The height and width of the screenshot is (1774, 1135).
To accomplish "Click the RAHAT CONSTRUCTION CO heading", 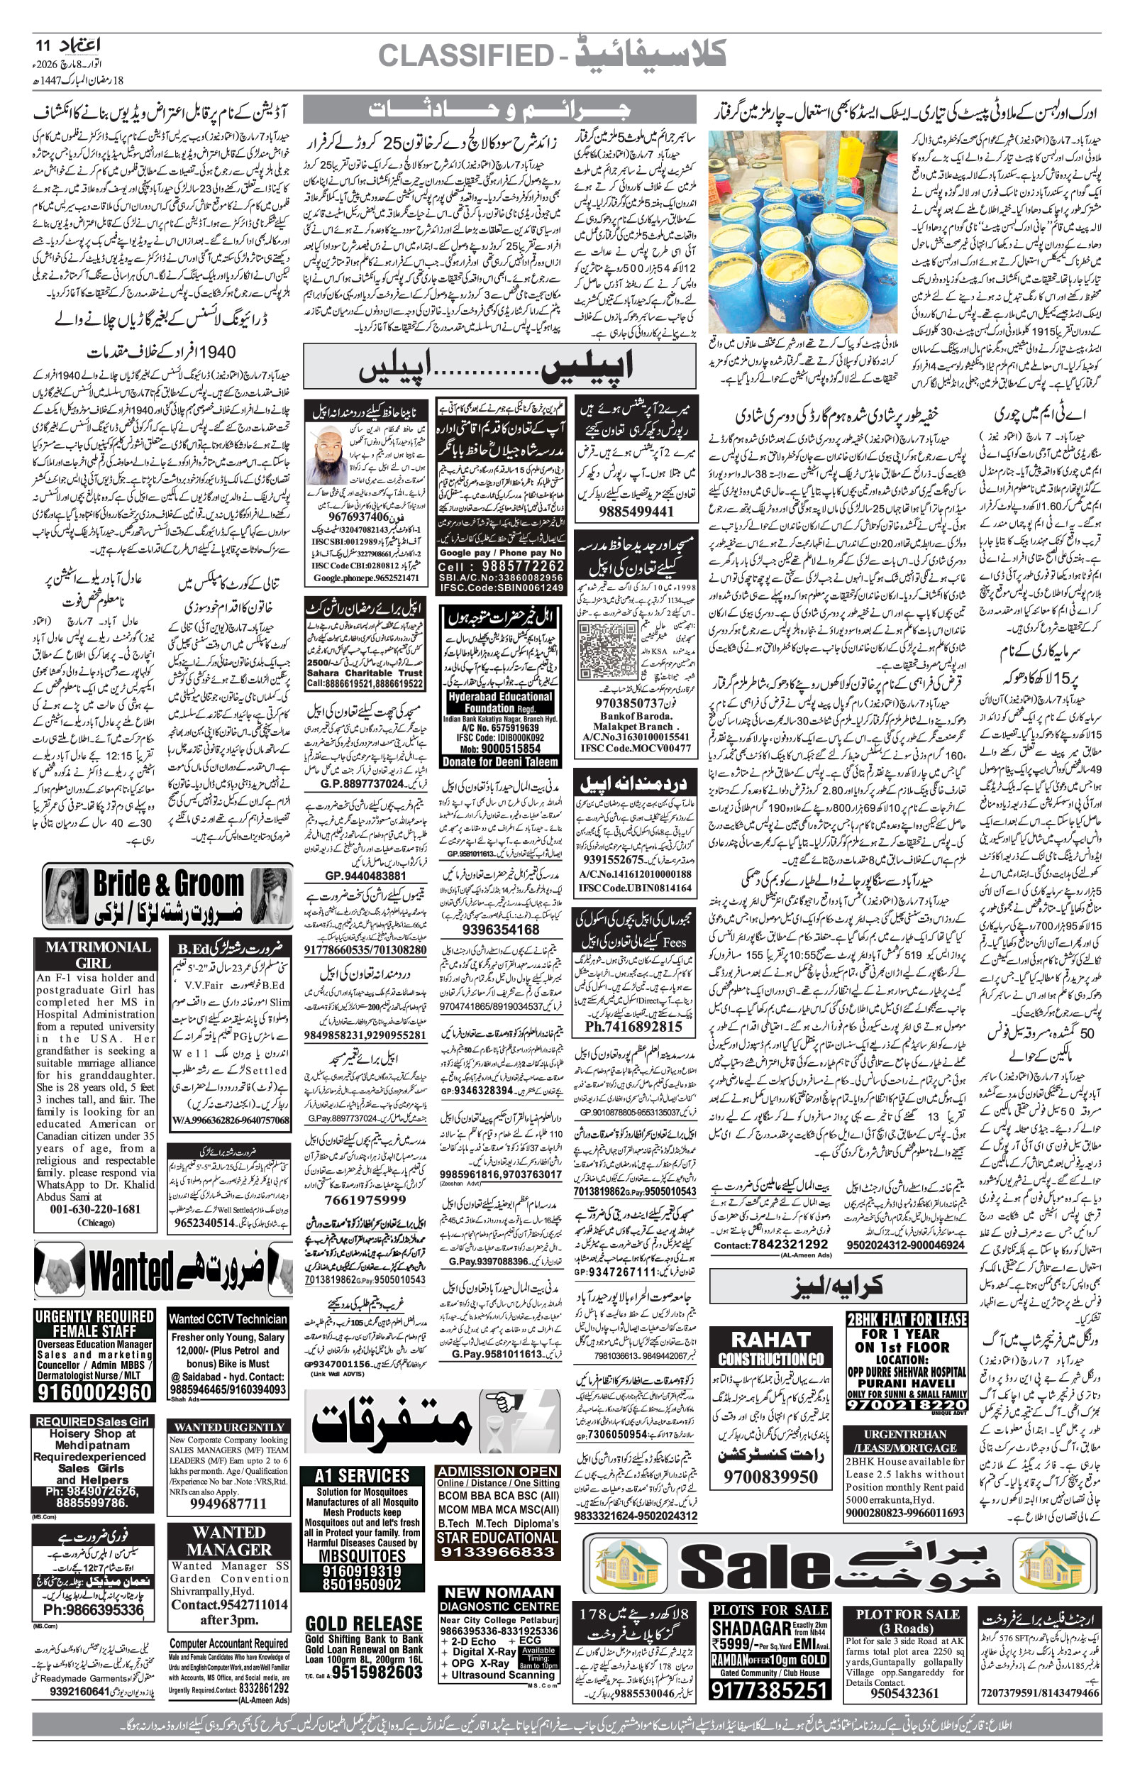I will [x=771, y=1348].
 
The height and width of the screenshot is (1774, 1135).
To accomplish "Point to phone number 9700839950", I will [x=770, y=1476].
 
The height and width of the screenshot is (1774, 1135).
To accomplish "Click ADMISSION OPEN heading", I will [x=497, y=1471].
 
